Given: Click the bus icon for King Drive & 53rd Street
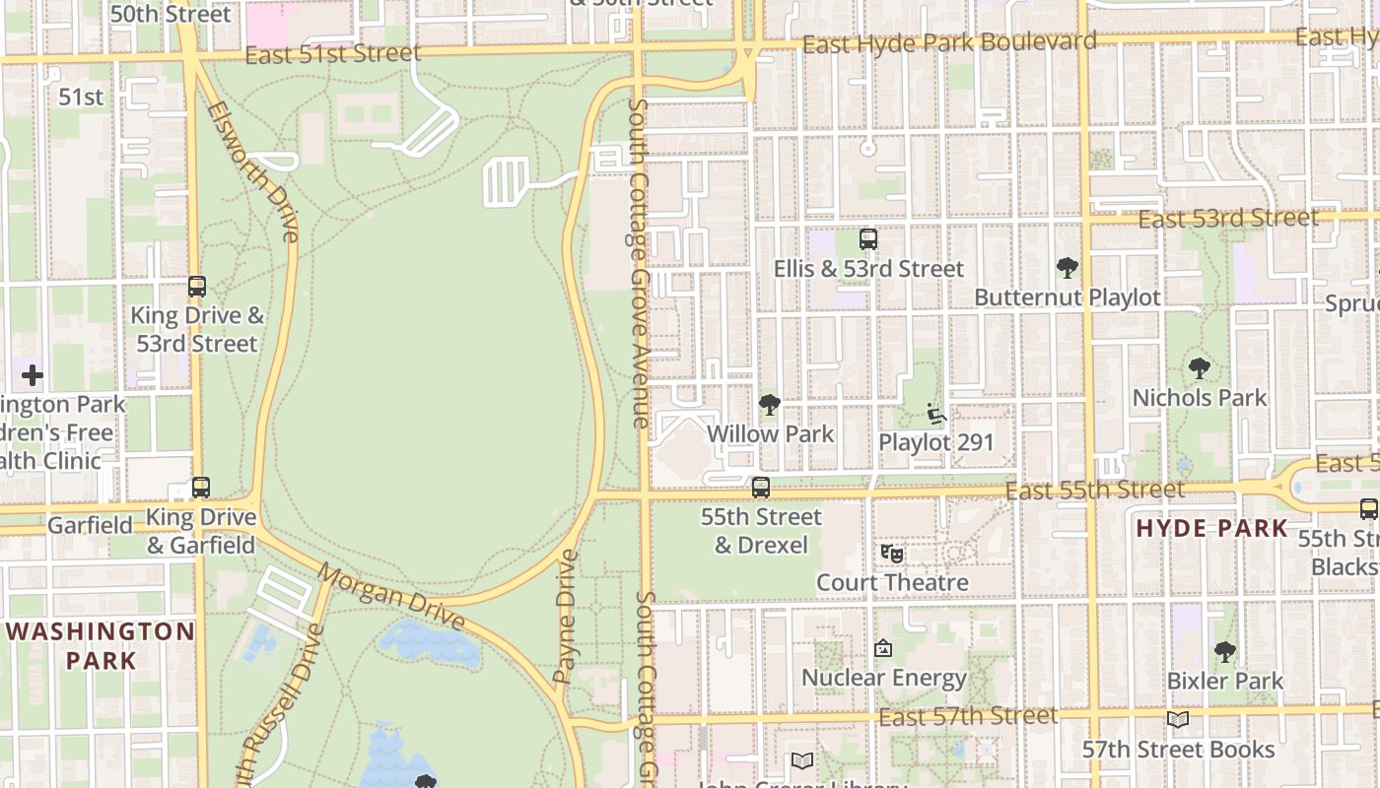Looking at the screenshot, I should click(197, 287).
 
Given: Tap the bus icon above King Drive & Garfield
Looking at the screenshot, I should click(201, 488).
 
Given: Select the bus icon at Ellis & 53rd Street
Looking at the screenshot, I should click(868, 239).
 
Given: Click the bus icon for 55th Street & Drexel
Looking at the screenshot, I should click(761, 488).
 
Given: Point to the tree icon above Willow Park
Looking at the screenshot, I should click(770, 404).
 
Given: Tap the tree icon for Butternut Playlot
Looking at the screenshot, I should click(1067, 267).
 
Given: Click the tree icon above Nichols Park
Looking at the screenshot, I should click(1199, 368).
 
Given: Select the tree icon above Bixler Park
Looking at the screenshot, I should click(1224, 651).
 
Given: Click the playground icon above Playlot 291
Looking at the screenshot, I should click(935, 414).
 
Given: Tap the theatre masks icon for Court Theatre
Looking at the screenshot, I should click(892, 554).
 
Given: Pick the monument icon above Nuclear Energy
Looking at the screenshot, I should click(883, 648).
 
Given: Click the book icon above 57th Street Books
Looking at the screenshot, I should click(1178, 720).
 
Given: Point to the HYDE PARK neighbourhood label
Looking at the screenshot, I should click(1211, 528).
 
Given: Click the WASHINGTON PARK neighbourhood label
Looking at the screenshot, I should click(102, 645).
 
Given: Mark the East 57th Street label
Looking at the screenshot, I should click(967, 716).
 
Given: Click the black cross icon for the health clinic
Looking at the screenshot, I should click(33, 375).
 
